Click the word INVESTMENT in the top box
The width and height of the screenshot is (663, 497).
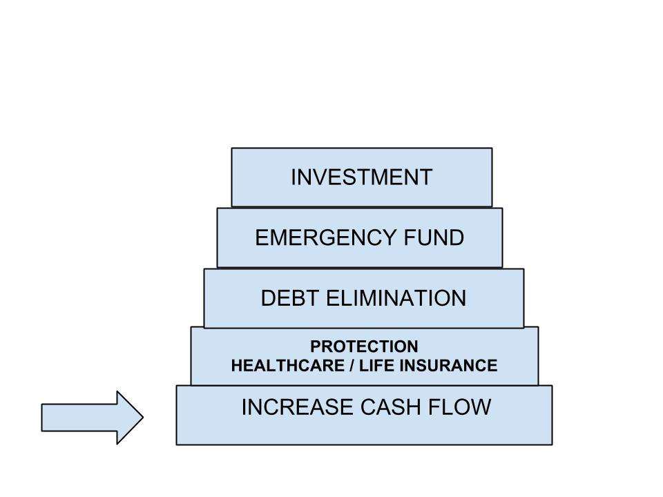click(361, 177)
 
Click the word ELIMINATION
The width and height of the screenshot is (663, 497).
click(396, 298)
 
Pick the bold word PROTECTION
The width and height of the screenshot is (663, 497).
click(364, 347)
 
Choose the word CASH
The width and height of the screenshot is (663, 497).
click(383, 408)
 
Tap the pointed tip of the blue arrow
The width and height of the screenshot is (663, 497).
click(142, 418)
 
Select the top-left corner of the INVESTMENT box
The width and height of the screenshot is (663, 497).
click(232, 148)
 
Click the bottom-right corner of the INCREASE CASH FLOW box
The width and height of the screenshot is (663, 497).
click(552, 444)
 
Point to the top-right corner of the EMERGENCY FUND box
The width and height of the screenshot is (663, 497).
click(502, 208)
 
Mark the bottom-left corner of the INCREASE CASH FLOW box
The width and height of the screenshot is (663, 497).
click(177, 444)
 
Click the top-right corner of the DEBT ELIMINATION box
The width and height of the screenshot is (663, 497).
click(523, 269)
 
